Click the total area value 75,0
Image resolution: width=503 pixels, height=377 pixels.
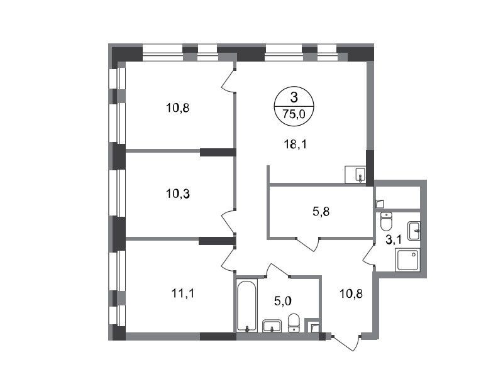(294, 114)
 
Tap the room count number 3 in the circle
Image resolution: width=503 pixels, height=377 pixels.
(294, 97)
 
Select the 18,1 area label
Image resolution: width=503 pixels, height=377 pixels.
(296, 145)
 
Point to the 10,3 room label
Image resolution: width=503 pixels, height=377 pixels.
(178, 194)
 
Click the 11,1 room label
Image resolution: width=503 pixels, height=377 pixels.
(183, 293)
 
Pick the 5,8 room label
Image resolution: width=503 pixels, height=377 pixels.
(321, 212)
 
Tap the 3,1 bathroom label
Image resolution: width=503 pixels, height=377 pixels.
(394, 240)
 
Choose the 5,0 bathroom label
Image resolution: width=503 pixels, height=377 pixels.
(282, 301)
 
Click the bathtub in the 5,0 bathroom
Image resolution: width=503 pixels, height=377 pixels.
(246, 305)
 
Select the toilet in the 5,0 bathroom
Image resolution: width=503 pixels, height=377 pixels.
(294, 322)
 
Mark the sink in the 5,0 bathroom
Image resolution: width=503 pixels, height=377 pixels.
(272, 326)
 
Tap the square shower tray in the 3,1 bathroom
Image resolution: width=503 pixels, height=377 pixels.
(407, 260)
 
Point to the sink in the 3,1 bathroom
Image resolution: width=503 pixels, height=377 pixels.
(414, 231)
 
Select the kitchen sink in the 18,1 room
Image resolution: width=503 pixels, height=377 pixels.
(355, 175)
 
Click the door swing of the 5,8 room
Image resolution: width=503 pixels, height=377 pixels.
(307, 244)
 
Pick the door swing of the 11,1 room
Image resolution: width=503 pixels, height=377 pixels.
(229, 259)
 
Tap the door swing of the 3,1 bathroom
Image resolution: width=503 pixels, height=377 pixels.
(369, 255)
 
